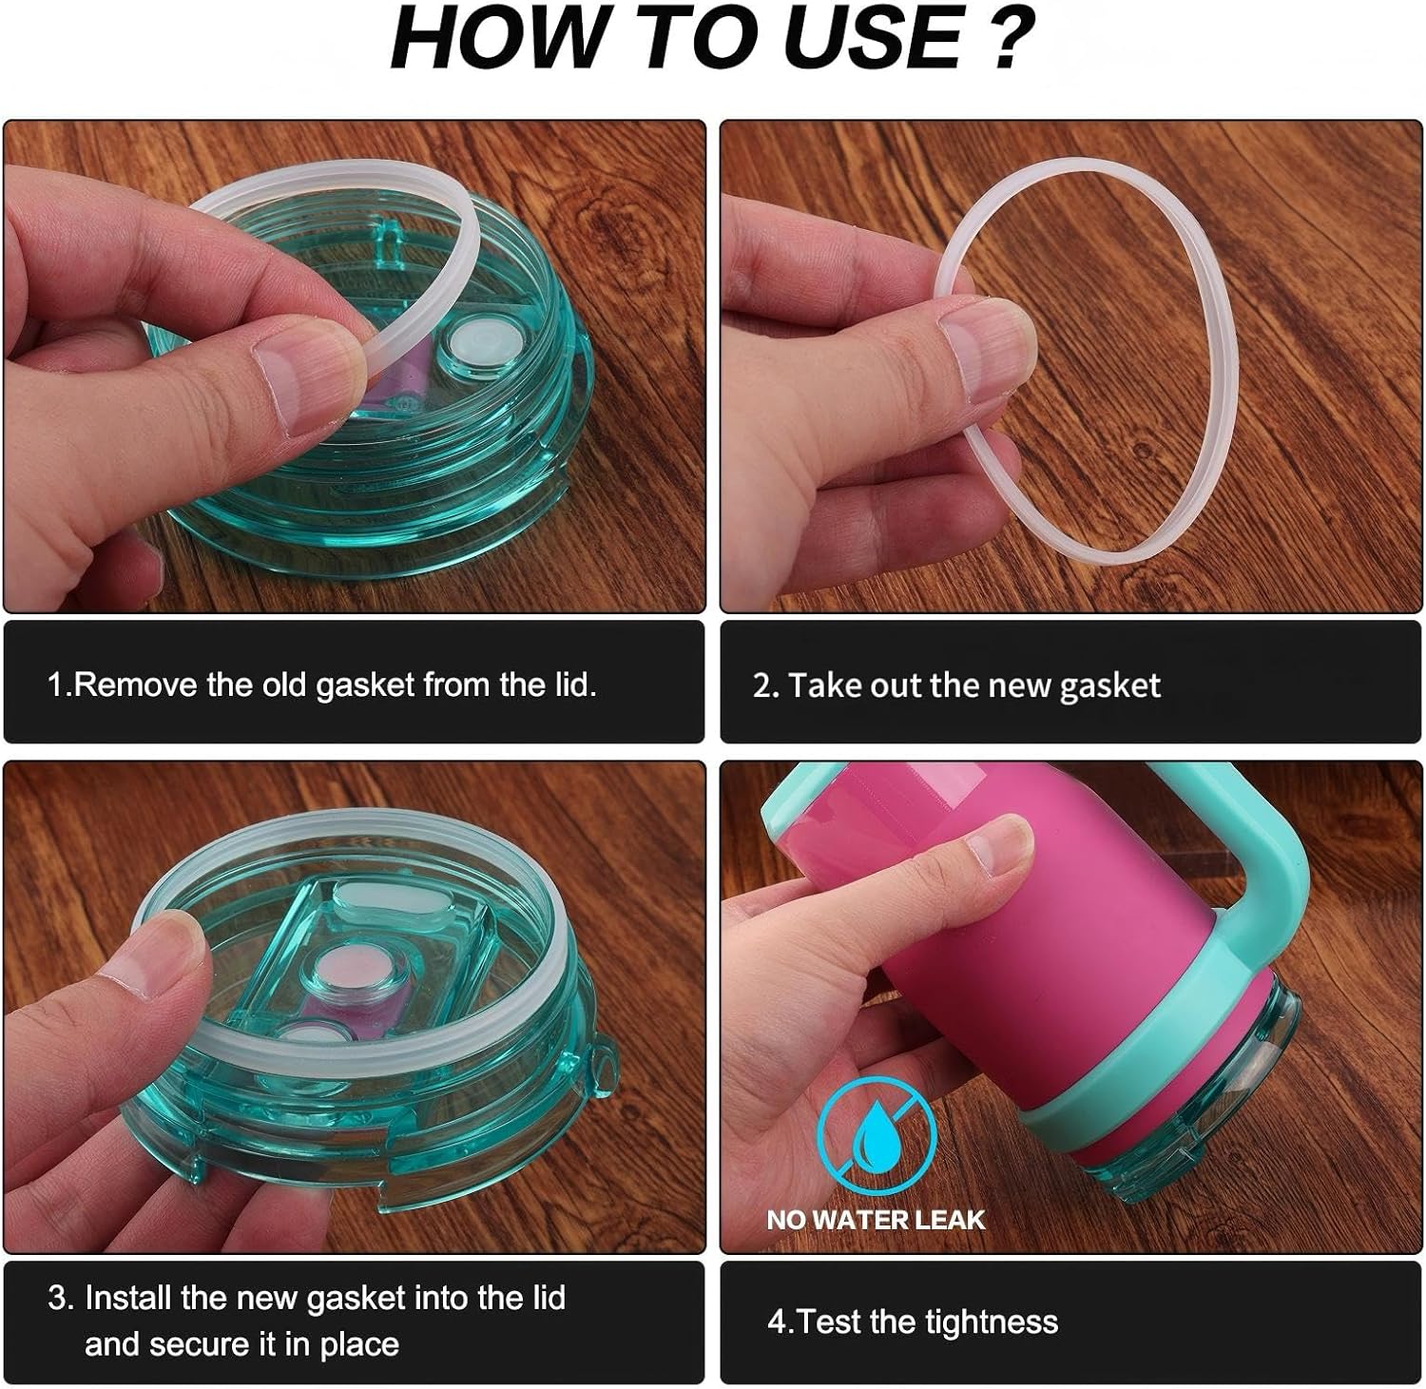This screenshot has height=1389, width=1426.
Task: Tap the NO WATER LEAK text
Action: pyautogui.click(x=876, y=1220)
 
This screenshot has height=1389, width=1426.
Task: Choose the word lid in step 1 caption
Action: pyautogui.click(x=575, y=685)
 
